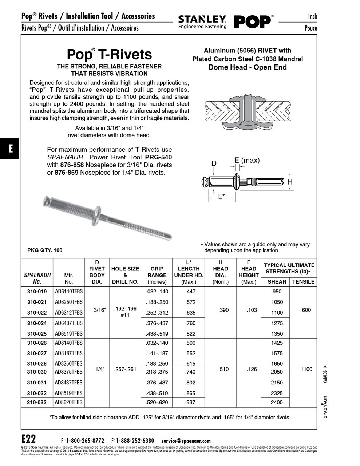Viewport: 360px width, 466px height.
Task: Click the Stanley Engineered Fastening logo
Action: pyautogui.click(x=202, y=22)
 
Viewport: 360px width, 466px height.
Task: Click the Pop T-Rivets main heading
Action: pyautogui.click(x=109, y=54)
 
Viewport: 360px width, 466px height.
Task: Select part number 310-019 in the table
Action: pyautogui.click(x=37, y=291)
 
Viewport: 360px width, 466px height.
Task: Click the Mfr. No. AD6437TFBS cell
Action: pyautogui.click(x=68, y=323)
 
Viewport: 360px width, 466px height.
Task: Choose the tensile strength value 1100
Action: pyautogui.click(x=306, y=369)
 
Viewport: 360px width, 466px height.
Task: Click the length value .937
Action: pyautogui.click(x=190, y=402)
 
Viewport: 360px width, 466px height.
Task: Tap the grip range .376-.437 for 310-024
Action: pyautogui.click(x=157, y=323)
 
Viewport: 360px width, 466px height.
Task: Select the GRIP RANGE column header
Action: pyautogui.click(x=157, y=275)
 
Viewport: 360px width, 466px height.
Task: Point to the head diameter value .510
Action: pyautogui.click(x=223, y=369)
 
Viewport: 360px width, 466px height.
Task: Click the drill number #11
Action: pyautogui.click(x=125, y=315)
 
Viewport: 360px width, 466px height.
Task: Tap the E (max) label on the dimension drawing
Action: pyautogui.click(x=247, y=161)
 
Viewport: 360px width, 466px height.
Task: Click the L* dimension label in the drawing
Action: pyautogui.click(x=221, y=197)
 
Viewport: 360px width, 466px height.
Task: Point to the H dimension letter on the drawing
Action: pyautogui.click(x=290, y=182)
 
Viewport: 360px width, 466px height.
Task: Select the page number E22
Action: pyautogui.click(x=29, y=438)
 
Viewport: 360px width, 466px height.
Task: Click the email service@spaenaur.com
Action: pyautogui.click(x=186, y=441)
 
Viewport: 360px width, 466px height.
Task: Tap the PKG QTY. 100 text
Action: pyautogui.click(x=45, y=250)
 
